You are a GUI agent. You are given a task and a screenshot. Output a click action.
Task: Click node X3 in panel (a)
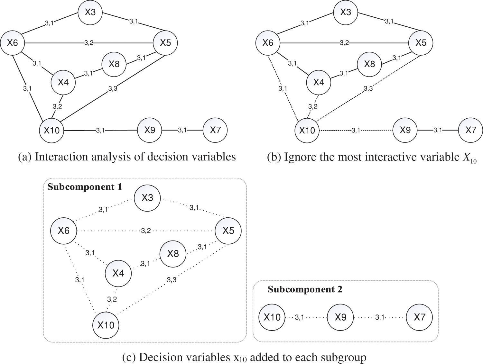tap(90, 12)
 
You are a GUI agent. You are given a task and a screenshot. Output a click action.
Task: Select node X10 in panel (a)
tap(51, 130)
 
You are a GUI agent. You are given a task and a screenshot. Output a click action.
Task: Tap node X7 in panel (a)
tap(215, 130)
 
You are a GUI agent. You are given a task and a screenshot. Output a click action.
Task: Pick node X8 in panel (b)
tap(369, 64)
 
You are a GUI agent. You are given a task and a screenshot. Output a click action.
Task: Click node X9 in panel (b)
tap(405, 130)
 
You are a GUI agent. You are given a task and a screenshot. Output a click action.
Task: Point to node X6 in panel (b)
tap(268, 43)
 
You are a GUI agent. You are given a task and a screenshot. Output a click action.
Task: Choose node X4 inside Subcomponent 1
tap(118, 273)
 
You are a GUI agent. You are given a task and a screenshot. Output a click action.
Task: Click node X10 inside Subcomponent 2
tap(272, 317)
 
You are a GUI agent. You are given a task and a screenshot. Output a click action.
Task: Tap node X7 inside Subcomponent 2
tap(419, 317)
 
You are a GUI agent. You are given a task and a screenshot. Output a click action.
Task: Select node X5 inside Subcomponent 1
tap(228, 231)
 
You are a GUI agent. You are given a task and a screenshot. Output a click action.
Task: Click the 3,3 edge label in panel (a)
tap(113, 88)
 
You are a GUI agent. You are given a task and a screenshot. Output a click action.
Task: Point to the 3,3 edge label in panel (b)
tap(368, 88)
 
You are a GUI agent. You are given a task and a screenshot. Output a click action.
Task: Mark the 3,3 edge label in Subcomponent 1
tap(172, 280)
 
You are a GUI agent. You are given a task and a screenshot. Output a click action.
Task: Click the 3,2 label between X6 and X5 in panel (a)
tap(89, 43)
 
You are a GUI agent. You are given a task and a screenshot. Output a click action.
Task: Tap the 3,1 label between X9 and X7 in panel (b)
tap(438, 130)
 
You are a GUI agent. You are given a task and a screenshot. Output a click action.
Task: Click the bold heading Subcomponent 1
tap(85, 187)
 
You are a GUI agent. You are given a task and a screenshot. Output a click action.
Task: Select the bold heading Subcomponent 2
tap(305, 289)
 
